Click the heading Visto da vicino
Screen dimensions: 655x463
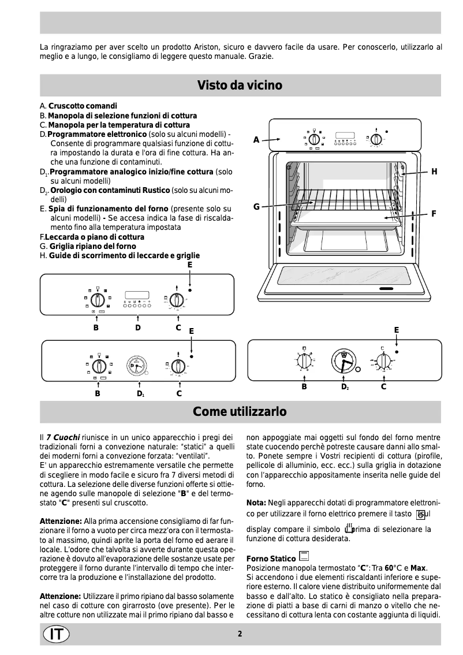pyautogui.click(x=240, y=85)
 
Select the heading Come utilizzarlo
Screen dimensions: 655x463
pyautogui.click(x=240, y=412)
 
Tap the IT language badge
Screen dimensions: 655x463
pyautogui.click(x=56, y=634)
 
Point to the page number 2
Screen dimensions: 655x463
pyautogui.click(x=240, y=634)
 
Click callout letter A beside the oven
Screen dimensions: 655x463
pyautogui.click(x=256, y=139)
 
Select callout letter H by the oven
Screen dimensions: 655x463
pyautogui.click(x=434, y=172)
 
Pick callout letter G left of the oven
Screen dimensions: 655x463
pyautogui.click(x=256, y=207)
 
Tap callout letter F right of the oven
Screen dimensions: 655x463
pyautogui.click(x=434, y=214)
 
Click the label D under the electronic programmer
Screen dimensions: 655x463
pyautogui.click(x=137, y=328)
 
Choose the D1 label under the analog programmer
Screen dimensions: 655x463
pyautogui.click(x=140, y=393)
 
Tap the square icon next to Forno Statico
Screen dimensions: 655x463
pyautogui.click(x=304, y=557)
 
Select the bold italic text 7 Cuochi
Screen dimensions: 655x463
pyautogui.click(x=63, y=438)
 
